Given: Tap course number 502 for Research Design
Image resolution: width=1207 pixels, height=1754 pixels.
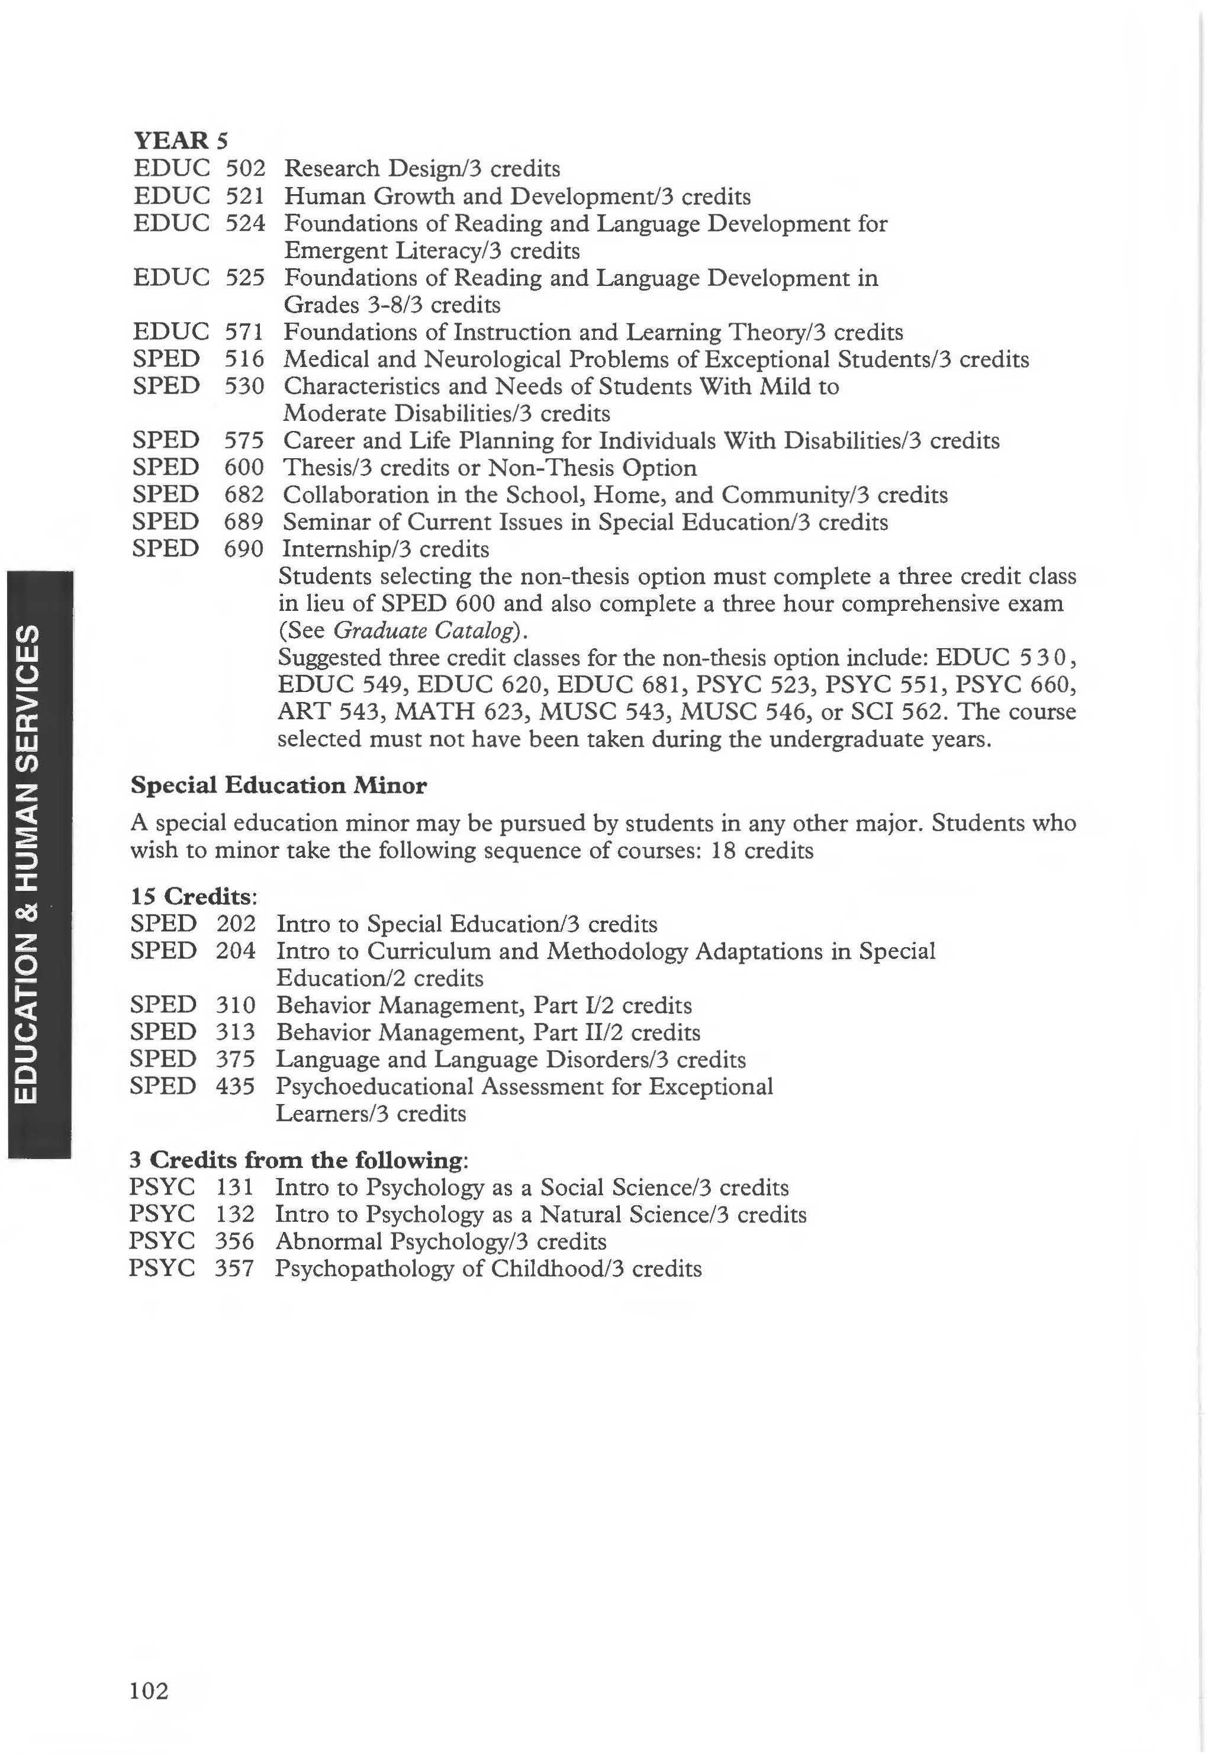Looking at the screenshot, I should (x=245, y=168).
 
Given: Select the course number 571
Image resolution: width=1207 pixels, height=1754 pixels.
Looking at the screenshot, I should (x=243, y=332).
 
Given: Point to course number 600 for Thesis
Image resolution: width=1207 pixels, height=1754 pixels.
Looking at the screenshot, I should (x=243, y=468).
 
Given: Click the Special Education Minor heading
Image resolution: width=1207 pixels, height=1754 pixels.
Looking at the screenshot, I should (x=278, y=785).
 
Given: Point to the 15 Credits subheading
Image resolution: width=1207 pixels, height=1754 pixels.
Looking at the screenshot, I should (x=194, y=896).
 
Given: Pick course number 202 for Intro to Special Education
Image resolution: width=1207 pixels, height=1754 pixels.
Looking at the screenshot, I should (x=236, y=923).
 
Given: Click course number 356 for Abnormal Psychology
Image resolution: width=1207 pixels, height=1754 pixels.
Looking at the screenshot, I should (x=234, y=1241).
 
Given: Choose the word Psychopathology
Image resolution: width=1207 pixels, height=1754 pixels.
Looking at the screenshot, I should (x=365, y=1269).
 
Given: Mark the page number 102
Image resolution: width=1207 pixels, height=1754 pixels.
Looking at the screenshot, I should (x=149, y=1689).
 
